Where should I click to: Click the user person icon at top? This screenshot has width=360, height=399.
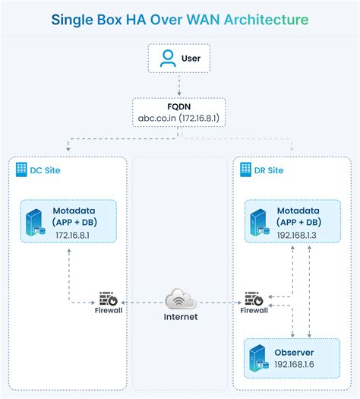pos(167,59)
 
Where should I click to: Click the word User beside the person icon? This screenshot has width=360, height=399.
pos(191,59)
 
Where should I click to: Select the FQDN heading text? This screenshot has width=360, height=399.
pos(179,107)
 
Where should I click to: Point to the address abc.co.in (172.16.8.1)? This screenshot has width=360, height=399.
pos(179,120)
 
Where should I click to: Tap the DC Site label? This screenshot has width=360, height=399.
pos(46,170)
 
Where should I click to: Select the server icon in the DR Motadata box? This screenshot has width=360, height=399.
pos(260,221)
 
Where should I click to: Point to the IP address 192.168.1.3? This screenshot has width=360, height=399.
pos(297,236)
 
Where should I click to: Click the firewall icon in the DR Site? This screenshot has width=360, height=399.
pos(254,299)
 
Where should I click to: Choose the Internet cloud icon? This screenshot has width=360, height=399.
pos(180,297)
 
